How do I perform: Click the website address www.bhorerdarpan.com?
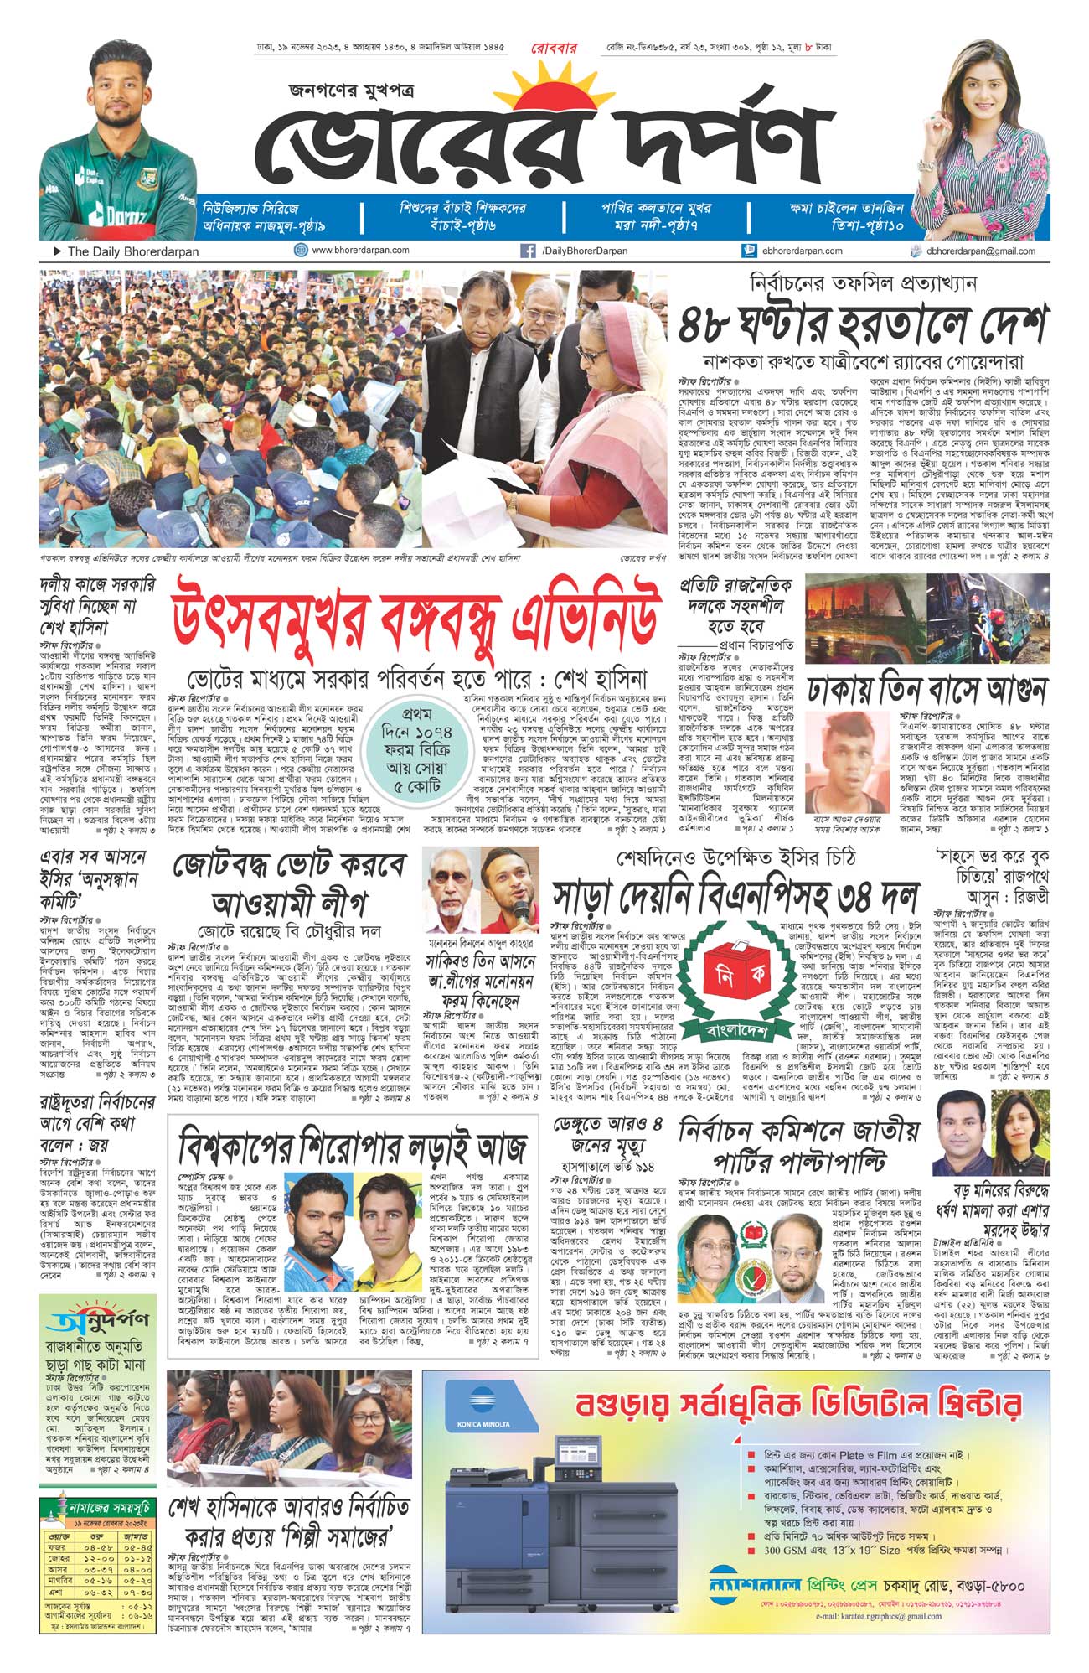[x=360, y=251]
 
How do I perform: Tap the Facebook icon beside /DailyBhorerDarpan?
[x=528, y=251]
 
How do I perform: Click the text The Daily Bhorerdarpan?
[x=133, y=251]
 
